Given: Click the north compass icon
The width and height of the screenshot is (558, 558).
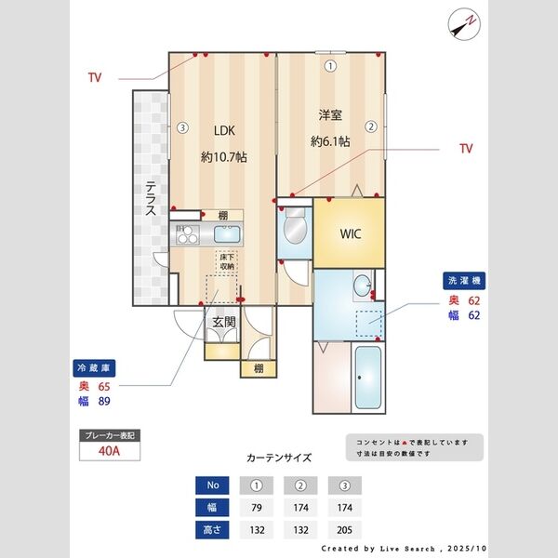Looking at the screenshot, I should point(462,23).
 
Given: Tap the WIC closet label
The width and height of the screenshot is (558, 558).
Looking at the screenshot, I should point(350,233).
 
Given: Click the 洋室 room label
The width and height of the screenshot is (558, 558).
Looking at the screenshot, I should point(330,115).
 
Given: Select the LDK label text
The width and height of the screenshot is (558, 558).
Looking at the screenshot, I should point(224,130).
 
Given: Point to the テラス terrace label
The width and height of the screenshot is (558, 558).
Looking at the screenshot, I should point(149,197).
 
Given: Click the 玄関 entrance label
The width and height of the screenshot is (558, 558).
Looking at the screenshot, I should point(224,323).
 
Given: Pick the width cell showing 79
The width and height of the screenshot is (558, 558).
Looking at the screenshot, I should point(256,508).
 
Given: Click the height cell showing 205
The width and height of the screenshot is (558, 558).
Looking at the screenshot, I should point(344,529).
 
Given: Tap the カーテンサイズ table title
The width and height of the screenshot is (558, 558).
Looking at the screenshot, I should point(278,458).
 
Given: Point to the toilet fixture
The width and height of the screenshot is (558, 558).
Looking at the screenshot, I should point(295,226).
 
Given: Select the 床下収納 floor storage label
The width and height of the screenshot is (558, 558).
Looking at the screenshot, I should point(226,261).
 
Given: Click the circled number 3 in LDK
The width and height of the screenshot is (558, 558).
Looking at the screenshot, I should point(183,128).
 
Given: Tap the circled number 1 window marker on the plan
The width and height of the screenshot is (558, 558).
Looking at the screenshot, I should point(330,66).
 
